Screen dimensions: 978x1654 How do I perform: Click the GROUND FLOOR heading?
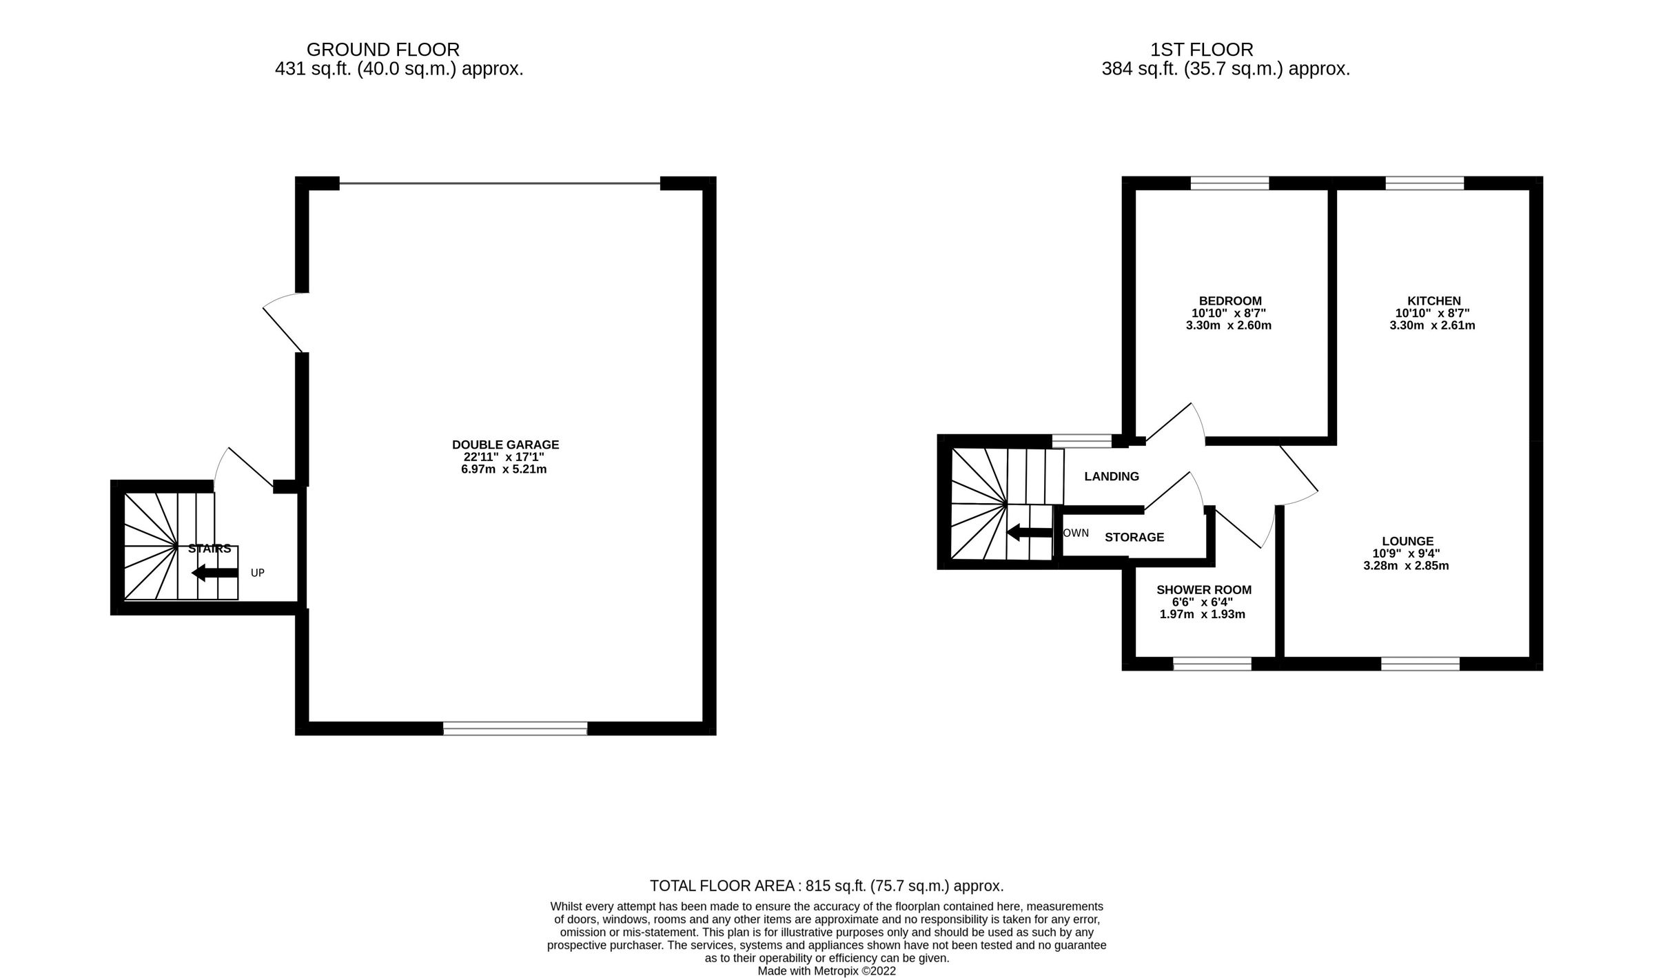click(x=382, y=50)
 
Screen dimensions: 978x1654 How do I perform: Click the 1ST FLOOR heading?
click(x=1201, y=50)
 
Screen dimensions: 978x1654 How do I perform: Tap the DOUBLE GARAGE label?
click(x=505, y=445)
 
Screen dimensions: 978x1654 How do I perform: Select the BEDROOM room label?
click(x=1230, y=300)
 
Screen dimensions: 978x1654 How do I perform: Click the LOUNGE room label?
click(x=1407, y=541)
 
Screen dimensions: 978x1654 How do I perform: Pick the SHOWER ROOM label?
click(x=1203, y=589)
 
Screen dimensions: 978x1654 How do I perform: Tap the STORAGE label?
click(x=1134, y=537)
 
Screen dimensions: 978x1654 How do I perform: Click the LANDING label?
click(x=1111, y=476)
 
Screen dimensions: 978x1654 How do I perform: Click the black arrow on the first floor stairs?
click(x=1030, y=532)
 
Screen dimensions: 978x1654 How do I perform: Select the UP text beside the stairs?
click(x=257, y=573)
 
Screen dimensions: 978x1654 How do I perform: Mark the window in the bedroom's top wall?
click(x=1229, y=183)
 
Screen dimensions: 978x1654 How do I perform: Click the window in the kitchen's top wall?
click(x=1425, y=183)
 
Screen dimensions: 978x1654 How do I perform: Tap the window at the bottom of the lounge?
click(x=1420, y=664)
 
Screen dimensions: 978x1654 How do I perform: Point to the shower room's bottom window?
click(x=1212, y=664)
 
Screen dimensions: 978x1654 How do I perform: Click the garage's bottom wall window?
click(x=515, y=729)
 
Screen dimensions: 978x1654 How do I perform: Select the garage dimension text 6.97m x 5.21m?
click(x=503, y=469)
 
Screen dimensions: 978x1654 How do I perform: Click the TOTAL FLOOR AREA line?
click(x=826, y=886)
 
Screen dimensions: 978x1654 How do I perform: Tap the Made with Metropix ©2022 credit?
click(x=826, y=971)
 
